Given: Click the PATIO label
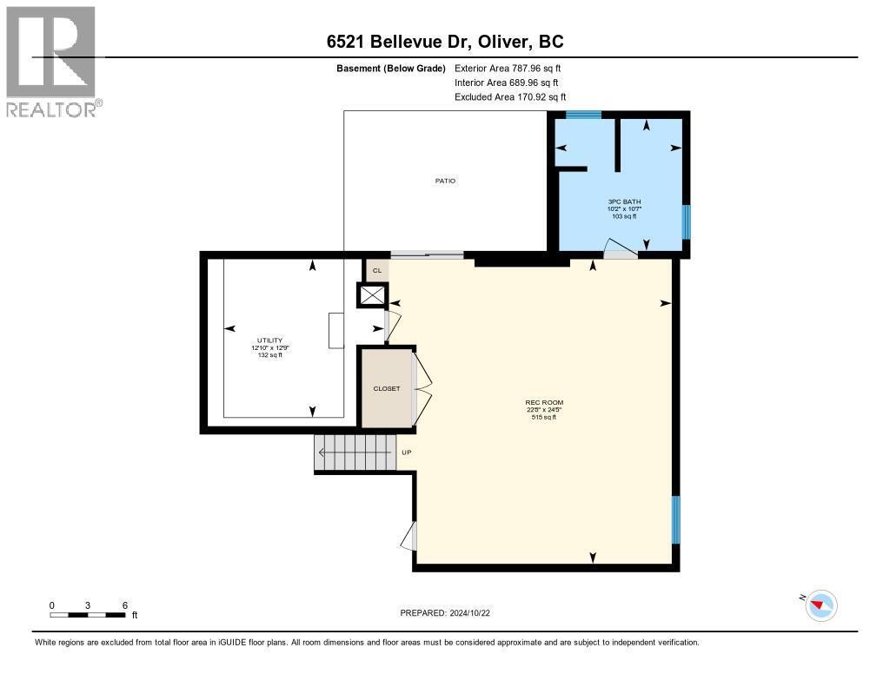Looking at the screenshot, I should [x=445, y=181].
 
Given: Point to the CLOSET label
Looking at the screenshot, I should [x=387, y=388].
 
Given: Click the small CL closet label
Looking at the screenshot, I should [x=376, y=271].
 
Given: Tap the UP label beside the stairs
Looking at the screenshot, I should [x=406, y=452].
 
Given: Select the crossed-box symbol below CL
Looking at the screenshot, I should [x=372, y=296].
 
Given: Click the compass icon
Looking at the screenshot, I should [x=820, y=604].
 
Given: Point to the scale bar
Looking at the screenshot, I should [x=88, y=615].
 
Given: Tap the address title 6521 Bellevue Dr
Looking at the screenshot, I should [x=444, y=42].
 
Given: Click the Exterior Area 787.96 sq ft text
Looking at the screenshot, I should [x=514, y=68].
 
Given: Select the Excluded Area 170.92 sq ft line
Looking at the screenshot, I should [x=510, y=97].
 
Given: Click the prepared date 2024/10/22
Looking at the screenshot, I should [x=450, y=613].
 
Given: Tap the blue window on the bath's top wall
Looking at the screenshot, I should [x=583, y=115].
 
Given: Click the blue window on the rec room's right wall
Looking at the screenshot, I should [x=676, y=519].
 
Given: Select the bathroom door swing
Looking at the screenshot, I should [x=621, y=249].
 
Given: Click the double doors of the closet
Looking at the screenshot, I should [x=422, y=387].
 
